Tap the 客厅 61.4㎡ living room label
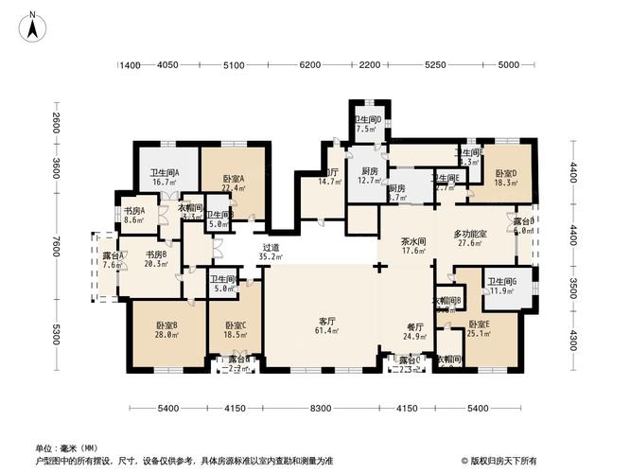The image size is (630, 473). point(321,325)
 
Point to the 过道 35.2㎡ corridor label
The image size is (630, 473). point(271,251)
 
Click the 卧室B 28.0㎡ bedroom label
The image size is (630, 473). point(167,330)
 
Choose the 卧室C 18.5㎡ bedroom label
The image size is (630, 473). point(234,330)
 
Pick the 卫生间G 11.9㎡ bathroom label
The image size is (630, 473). point(501,286)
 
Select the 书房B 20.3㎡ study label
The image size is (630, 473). point(156,259)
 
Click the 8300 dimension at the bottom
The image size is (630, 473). point(321,408)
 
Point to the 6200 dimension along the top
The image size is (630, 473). point(309,65)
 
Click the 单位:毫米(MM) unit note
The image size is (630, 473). point(69,447)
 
